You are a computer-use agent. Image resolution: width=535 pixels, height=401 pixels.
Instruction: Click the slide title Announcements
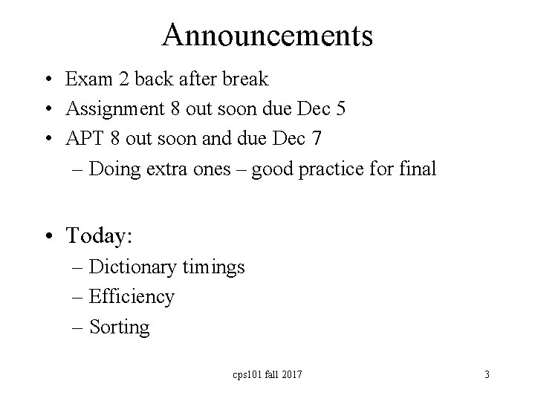coord(267,34)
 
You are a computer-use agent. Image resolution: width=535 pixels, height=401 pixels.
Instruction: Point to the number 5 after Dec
coord(340,108)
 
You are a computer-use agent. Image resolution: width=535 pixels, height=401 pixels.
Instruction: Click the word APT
coord(85,138)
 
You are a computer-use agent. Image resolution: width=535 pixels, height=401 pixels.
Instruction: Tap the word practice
coord(337,169)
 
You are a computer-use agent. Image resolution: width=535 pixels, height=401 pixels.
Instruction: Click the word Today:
coord(99,236)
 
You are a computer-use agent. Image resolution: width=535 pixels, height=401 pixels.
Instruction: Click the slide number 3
coord(487,375)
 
